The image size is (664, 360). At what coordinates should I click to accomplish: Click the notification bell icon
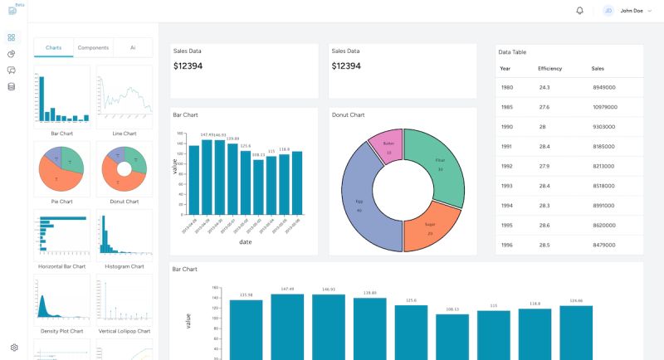pyautogui.click(x=579, y=11)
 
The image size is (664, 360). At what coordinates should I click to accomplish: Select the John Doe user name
pyautogui.click(x=632, y=11)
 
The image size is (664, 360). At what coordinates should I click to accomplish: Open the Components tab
pyautogui.click(x=93, y=48)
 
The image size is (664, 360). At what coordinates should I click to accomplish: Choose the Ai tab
pyautogui.click(x=133, y=48)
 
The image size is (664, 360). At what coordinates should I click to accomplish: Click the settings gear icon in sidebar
pyautogui.click(x=14, y=348)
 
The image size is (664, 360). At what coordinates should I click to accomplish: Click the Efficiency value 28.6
pyautogui.click(x=544, y=225)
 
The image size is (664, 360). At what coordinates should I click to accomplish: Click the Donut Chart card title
pyautogui.click(x=349, y=114)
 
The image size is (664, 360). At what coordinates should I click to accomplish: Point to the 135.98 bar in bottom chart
pyautogui.click(x=246, y=330)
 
